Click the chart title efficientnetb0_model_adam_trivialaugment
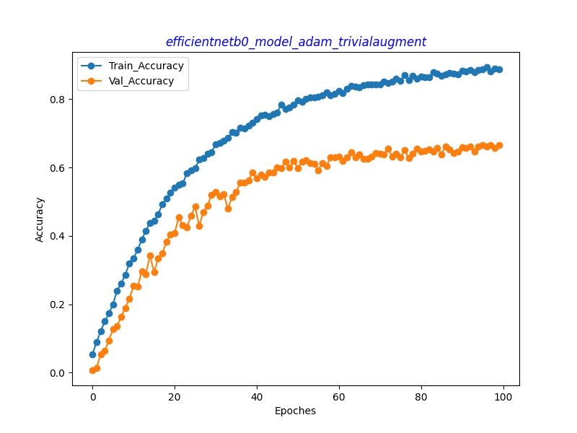[296, 42]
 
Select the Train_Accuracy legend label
[146, 66]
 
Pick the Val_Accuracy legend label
[141, 81]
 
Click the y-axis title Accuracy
[40, 219]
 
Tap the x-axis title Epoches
[295, 411]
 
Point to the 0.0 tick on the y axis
[58, 373]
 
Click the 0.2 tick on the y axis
[58, 305]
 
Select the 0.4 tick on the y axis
[58, 236]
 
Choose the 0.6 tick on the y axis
[58, 167]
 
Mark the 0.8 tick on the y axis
[58, 99]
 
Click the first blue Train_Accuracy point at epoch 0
[92, 354]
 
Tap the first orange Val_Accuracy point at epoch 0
[92, 370]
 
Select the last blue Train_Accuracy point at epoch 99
[499, 69]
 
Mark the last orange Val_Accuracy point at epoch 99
[499, 145]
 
